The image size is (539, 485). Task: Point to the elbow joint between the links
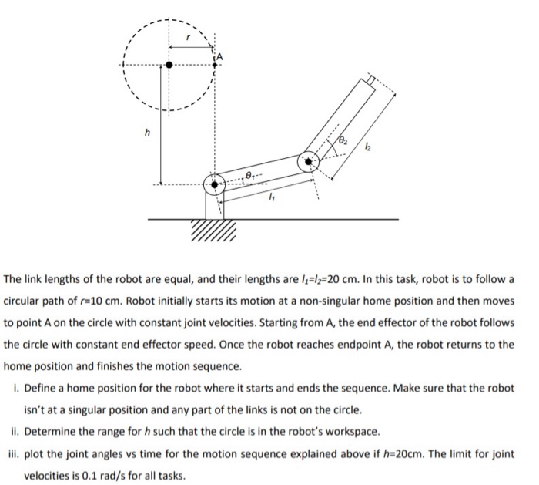pos(310,162)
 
